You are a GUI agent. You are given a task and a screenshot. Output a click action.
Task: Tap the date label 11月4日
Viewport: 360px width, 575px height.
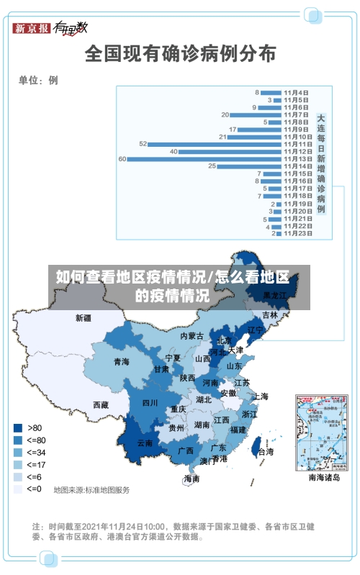point(296,92)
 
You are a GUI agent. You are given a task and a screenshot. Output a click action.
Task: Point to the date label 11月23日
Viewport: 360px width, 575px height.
point(297,232)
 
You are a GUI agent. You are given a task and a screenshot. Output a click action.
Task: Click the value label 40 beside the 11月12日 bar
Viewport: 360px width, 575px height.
point(174,151)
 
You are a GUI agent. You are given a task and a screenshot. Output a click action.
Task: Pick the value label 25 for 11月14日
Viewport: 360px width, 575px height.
point(212,166)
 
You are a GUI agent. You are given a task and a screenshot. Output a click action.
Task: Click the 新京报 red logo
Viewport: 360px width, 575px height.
point(32,28)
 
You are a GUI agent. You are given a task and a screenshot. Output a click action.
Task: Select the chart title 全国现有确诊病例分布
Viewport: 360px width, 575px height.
point(180,53)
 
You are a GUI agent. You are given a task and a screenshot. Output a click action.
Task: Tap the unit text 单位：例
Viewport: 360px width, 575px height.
point(38,80)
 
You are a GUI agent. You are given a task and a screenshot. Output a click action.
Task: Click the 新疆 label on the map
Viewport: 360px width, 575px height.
point(84,317)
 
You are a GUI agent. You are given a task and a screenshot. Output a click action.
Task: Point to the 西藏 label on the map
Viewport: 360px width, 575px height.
point(101,404)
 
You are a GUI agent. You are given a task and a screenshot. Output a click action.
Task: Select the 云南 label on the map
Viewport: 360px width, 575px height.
point(145,443)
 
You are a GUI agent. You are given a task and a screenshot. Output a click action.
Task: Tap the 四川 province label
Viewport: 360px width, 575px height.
point(150,402)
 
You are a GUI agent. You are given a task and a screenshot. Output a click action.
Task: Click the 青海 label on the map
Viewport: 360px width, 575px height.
point(121,362)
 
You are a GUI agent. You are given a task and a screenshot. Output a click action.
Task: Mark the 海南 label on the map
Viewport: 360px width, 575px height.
point(192,478)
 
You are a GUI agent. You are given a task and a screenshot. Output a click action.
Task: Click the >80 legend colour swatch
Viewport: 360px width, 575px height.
point(17,427)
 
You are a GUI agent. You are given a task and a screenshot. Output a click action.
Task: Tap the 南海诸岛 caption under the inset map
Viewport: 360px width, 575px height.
point(324,477)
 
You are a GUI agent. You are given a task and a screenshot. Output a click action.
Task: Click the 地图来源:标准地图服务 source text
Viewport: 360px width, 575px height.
point(91,489)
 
